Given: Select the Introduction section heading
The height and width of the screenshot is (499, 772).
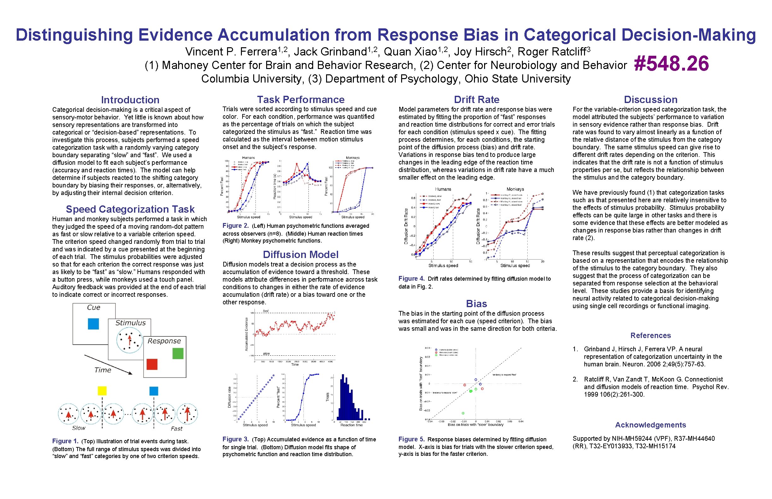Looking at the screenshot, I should (130, 100).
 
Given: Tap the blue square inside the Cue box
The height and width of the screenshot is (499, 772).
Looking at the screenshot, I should (93, 324).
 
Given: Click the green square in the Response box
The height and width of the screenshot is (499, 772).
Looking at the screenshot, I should (178, 353).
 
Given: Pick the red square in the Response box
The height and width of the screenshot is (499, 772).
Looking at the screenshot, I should (152, 364).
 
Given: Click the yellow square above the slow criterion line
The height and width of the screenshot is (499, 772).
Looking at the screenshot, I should (102, 391).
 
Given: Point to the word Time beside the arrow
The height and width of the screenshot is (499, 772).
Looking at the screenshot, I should (102, 370).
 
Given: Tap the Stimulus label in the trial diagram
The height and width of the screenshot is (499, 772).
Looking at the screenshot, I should (130, 323).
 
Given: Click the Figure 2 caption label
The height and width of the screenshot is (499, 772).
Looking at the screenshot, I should (235, 226).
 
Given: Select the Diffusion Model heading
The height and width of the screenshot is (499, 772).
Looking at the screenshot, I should (300, 254).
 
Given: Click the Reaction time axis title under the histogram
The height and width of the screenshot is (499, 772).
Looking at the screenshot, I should (351, 425).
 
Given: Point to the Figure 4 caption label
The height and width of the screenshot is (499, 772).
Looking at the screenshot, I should (411, 279).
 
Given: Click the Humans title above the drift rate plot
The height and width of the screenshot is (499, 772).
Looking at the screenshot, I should (443, 189).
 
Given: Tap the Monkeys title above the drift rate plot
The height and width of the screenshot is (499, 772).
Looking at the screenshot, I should (515, 189).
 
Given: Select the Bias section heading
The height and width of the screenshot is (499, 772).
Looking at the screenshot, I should (476, 304).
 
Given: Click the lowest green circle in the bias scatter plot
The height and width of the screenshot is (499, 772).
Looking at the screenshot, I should (463, 413).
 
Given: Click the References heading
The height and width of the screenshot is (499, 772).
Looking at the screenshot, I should (650, 336).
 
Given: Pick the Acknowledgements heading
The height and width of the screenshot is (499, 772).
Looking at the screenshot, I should (650, 425).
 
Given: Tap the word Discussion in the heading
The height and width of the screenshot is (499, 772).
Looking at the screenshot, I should (650, 100).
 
